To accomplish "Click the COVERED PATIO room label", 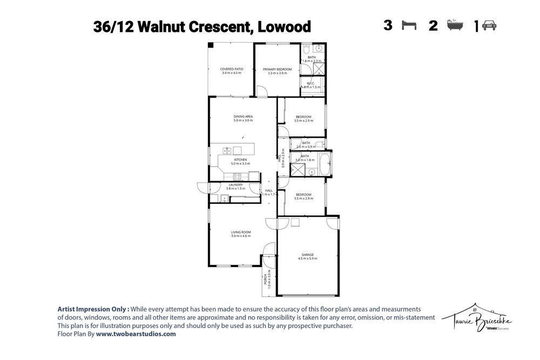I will point(231,71).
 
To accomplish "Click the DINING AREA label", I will point(243,118).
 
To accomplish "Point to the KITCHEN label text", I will point(240,161).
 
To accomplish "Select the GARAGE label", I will point(307,256).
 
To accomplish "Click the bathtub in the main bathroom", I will point(326,164).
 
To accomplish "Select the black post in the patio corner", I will point(211,45).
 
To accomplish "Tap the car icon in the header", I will point(489,26).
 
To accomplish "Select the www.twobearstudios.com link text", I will point(136,334).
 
